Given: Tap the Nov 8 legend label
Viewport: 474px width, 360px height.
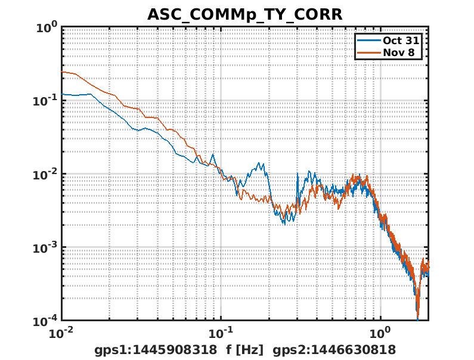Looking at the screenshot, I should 402,53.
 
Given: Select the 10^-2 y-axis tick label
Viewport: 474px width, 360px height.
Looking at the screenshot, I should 45,175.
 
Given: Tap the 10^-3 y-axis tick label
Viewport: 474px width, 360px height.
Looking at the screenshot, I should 45,248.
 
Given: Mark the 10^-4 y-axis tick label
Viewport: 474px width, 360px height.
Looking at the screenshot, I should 45,321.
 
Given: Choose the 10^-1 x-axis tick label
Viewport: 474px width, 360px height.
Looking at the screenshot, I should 221,333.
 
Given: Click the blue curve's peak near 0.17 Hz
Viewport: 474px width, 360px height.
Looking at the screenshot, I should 259,163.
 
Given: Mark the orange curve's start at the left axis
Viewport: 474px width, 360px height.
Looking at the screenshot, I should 62,72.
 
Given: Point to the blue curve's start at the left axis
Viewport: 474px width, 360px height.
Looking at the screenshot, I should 62,94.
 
